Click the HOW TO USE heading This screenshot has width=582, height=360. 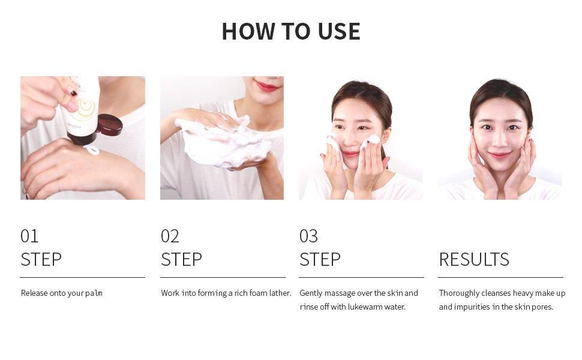coord(291,31)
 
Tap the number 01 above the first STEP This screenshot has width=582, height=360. coord(29,236)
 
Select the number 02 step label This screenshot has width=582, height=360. coord(170,236)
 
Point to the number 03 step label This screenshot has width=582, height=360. coord(309,236)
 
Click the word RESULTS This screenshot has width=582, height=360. coord(474,259)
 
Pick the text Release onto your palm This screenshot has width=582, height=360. coord(62,293)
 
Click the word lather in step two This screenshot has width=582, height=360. coord(280,293)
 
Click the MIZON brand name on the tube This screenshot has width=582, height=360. coord(74,127)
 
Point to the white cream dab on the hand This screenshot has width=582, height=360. coord(91,149)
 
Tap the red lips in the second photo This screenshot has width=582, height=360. coord(267,87)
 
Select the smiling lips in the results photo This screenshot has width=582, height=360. coord(499,155)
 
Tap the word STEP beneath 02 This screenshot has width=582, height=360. coord(182,259)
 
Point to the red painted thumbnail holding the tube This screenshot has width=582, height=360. coord(73,94)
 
